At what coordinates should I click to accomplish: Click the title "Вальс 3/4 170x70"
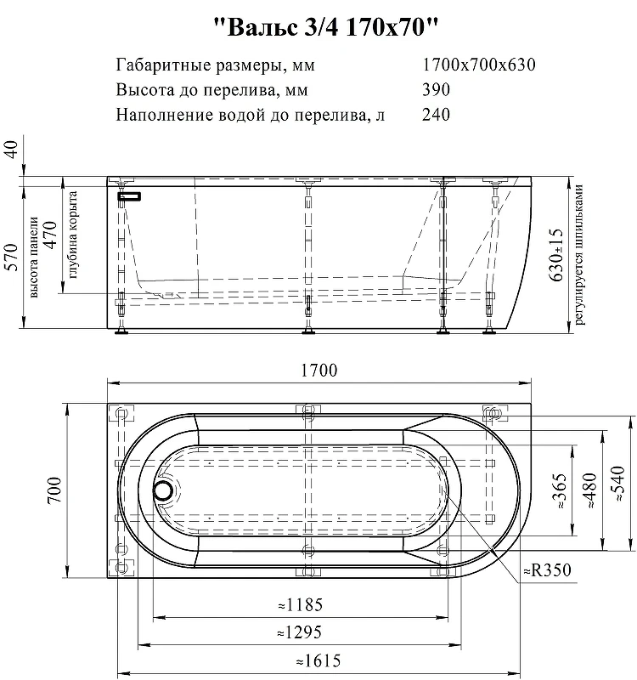click(327, 27)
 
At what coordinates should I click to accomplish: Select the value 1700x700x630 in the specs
click(479, 65)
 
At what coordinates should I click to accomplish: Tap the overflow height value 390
click(436, 89)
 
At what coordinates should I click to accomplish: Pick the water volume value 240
click(436, 115)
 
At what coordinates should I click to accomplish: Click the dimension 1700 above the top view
click(319, 370)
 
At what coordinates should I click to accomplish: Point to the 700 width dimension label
click(54, 490)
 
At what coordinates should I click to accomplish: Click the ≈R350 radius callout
click(547, 569)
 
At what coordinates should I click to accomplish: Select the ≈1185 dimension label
click(301, 604)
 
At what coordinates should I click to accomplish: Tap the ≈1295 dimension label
click(300, 632)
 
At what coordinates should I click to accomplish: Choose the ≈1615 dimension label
click(318, 661)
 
